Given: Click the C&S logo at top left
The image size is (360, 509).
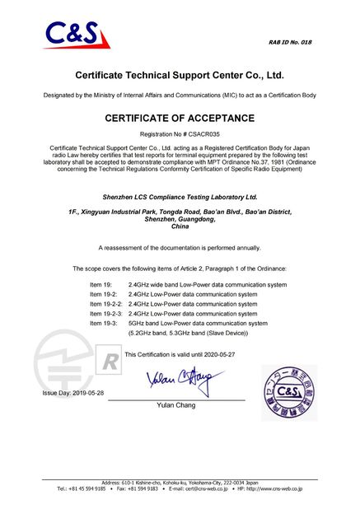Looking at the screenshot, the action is (71, 35).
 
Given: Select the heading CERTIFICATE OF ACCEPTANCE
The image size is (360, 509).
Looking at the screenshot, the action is (180, 118).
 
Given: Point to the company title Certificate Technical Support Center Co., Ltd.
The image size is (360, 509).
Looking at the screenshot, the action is (180, 75).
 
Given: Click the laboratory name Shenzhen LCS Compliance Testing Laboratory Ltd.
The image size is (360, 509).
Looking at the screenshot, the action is (180, 198).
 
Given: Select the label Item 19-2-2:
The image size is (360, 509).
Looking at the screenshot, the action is (106, 304).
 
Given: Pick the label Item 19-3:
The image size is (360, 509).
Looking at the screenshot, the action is (104, 324).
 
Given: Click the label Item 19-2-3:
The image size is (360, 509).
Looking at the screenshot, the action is (106, 314).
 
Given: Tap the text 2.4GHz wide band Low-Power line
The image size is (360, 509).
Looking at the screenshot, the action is (208, 284).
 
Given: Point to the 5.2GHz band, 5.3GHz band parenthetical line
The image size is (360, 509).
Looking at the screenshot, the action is (188, 334).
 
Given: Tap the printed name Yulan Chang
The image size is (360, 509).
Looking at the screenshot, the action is (175, 405).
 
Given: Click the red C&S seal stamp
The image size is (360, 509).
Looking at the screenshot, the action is (288, 391).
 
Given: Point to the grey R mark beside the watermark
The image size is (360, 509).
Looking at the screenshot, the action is (109, 362).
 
